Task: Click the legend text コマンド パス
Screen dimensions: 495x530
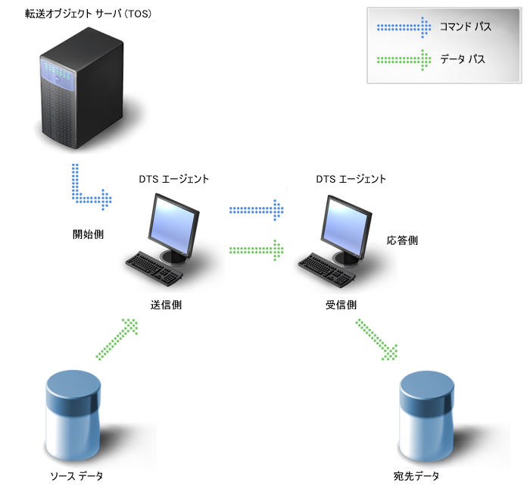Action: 466,27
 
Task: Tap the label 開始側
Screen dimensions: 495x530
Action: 88,234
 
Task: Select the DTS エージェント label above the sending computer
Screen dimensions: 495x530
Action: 173,180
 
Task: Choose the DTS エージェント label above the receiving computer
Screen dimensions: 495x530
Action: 351,180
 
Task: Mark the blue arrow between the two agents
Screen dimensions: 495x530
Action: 257,208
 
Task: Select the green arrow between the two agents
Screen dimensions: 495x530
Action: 257,248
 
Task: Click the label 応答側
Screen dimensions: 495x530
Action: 402,240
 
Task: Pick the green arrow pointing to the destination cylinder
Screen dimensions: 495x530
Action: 377,339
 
